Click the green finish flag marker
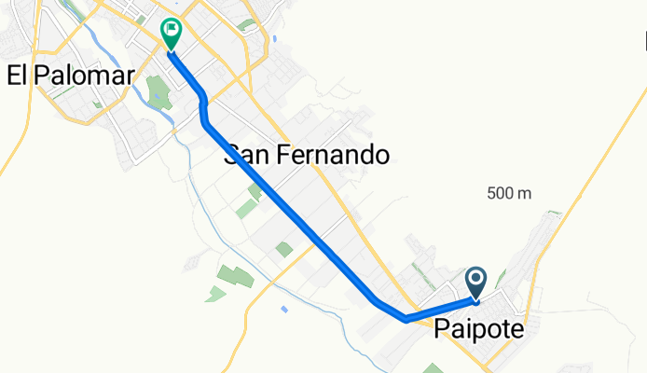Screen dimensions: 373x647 (x=172, y=33)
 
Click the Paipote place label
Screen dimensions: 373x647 (x=478, y=330)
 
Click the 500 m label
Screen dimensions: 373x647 (x=508, y=193)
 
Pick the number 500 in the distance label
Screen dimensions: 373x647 (x=499, y=193)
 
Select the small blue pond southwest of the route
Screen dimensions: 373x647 (x=283, y=309)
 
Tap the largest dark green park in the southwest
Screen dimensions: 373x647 (x=236, y=276)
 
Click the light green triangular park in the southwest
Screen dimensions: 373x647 (x=216, y=295)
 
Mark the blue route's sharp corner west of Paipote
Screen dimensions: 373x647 (x=407, y=319)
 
